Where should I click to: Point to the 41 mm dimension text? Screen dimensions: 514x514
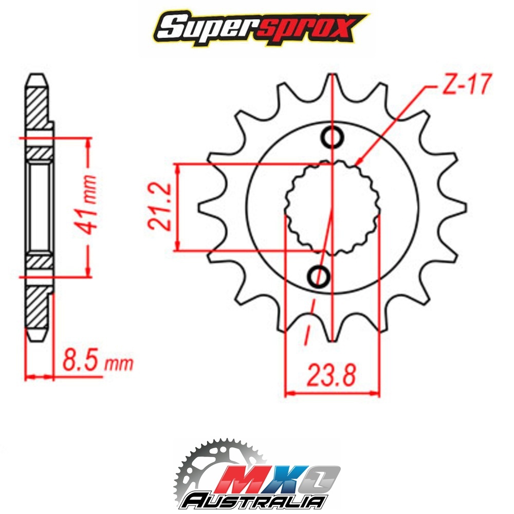88,205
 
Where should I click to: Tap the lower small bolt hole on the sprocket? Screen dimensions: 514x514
319,277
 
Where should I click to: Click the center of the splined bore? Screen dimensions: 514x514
333,208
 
